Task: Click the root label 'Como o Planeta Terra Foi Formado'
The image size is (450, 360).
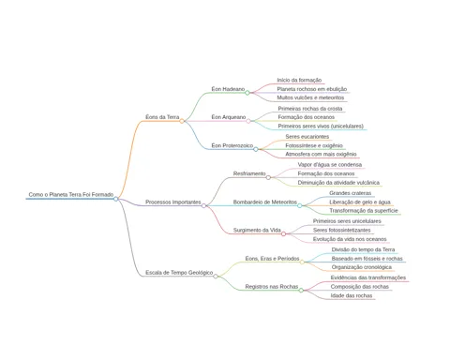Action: [x=71, y=194]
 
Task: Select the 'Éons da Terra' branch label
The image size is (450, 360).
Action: [x=162, y=117]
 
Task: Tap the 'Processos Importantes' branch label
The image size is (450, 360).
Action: [x=173, y=202]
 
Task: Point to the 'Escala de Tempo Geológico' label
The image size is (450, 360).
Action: [x=179, y=273]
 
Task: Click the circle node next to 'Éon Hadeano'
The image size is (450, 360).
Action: [x=247, y=93]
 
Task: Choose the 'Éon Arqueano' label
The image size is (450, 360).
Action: [x=229, y=117]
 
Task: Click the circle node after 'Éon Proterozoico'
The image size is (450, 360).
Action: [x=256, y=149]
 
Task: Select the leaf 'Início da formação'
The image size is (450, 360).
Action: [x=299, y=80]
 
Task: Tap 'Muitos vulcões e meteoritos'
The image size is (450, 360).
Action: [x=310, y=97]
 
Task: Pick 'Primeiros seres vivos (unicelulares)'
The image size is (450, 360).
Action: [x=321, y=126]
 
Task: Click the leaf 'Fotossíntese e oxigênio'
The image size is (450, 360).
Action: [x=314, y=145]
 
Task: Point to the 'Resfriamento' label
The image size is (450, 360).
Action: [x=249, y=173]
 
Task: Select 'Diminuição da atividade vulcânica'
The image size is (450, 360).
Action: [x=338, y=183]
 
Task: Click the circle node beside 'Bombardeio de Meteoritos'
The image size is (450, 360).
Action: [x=300, y=205]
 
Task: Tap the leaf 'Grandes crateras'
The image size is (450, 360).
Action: [x=350, y=193]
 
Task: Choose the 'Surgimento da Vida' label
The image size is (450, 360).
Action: [x=257, y=230]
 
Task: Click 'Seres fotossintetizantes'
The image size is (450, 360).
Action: [x=341, y=230]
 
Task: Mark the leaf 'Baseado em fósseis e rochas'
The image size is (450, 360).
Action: [x=367, y=259]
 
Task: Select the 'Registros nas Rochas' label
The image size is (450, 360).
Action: [x=272, y=286]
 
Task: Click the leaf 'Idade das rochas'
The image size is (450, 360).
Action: [x=352, y=295]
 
